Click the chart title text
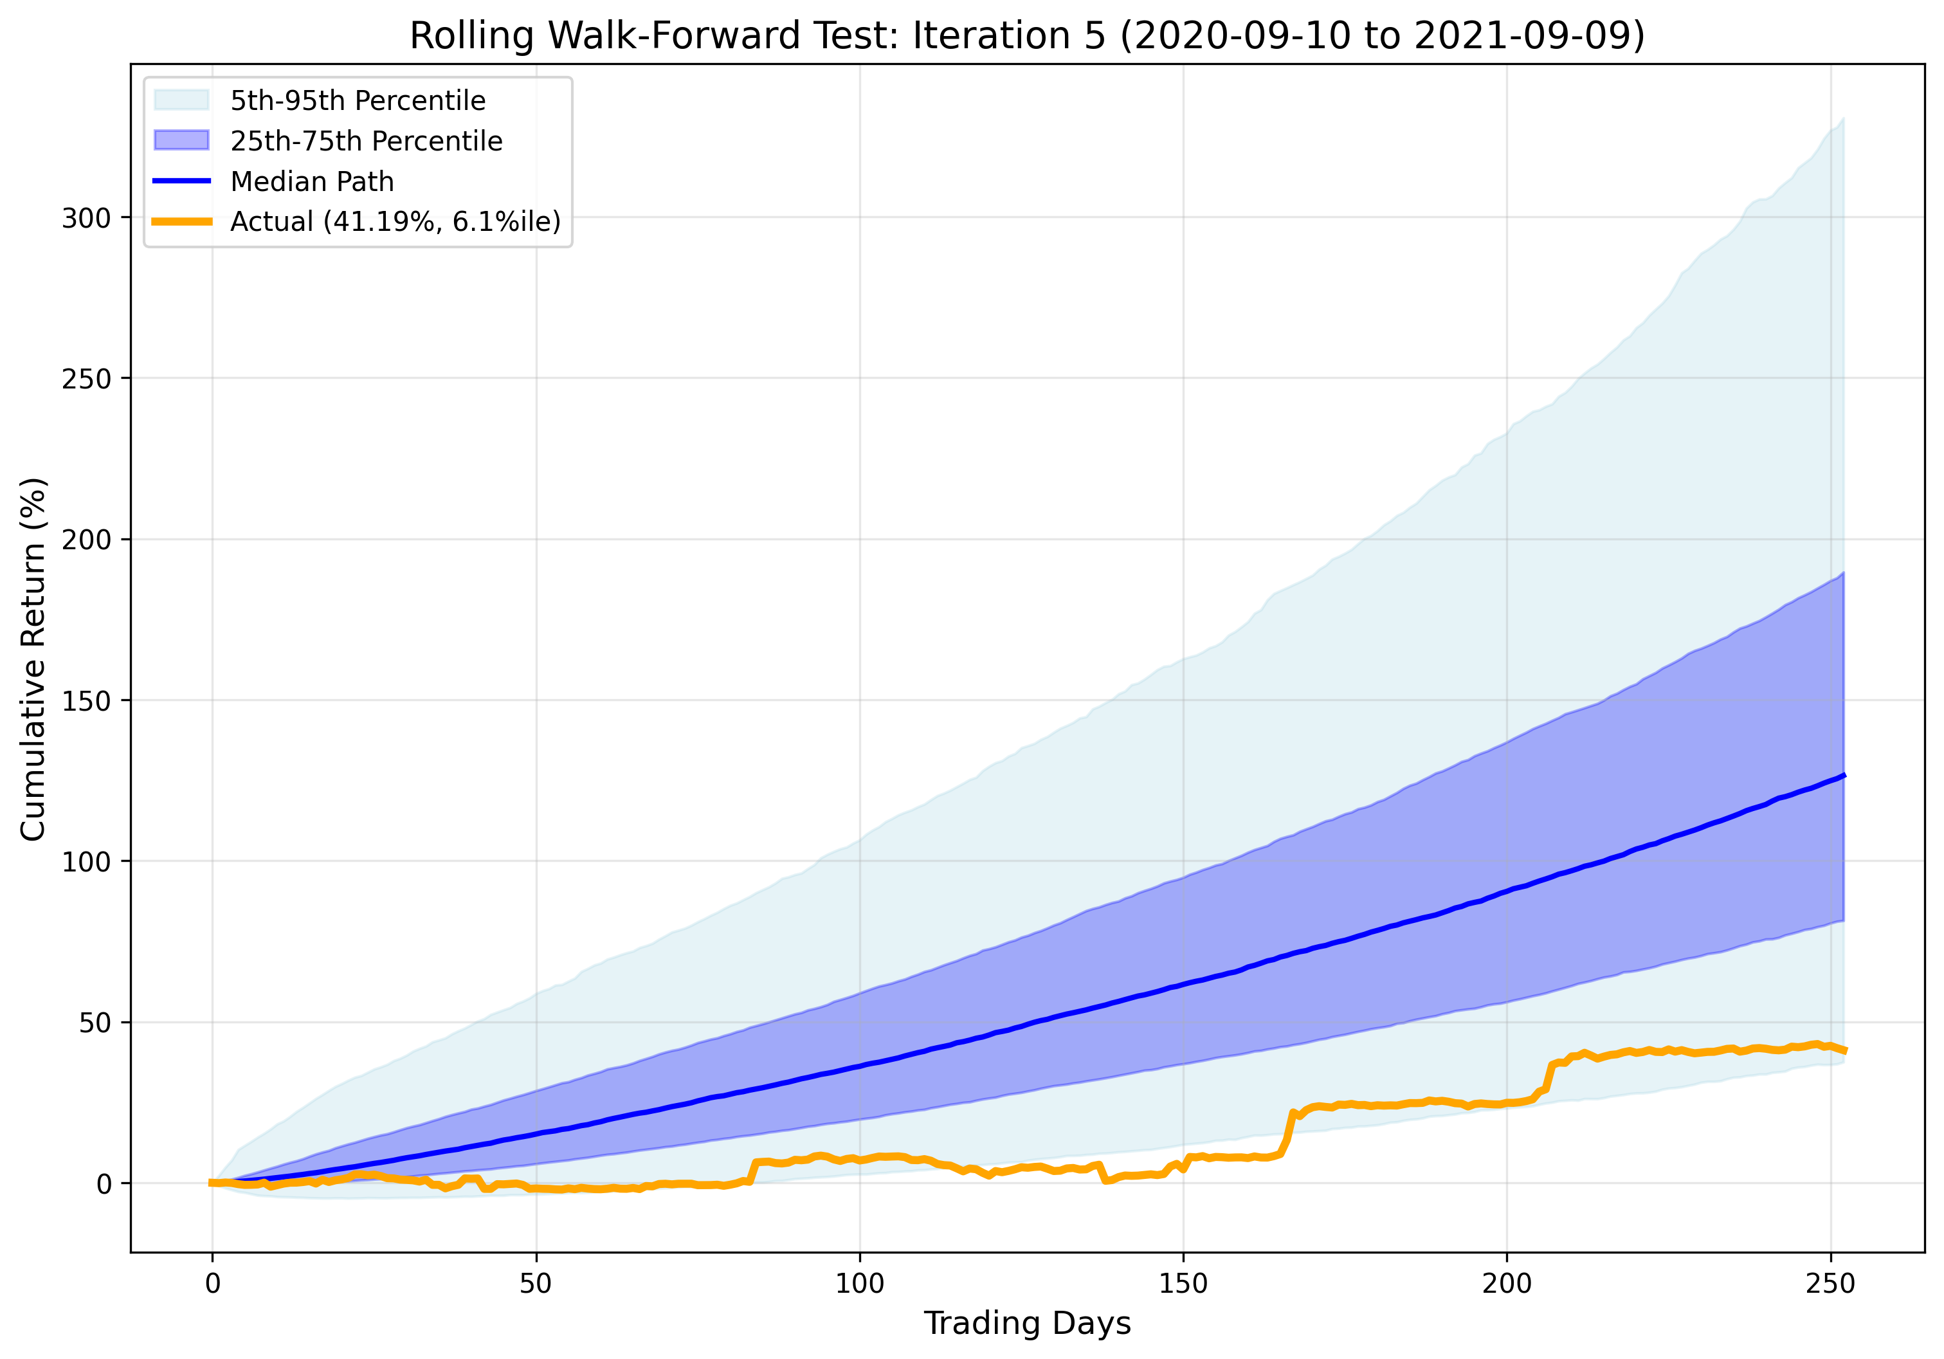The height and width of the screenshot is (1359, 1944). [1027, 37]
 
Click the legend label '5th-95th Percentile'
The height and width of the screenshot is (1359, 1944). [358, 101]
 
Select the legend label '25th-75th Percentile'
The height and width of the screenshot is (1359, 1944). [366, 141]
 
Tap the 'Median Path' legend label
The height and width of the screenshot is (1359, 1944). [312, 181]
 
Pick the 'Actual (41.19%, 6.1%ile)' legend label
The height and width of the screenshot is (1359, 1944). [395, 221]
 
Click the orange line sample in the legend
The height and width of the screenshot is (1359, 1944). [181, 221]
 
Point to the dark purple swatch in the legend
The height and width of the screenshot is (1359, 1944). [181, 141]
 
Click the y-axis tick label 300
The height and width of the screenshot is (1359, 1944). [86, 219]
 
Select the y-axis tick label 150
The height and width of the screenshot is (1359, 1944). [86, 701]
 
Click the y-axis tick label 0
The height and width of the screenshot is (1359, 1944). [104, 1183]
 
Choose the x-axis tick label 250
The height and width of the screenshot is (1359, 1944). [1831, 1284]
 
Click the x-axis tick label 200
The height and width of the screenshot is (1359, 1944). [1507, 1284]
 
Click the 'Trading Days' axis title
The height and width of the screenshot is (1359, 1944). [1027, 1322]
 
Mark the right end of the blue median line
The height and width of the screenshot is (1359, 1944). [1843, 776]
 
